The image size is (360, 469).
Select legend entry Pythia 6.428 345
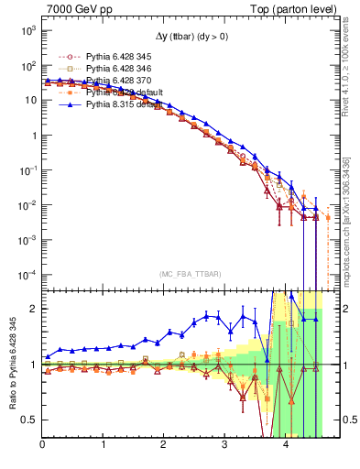point(105,58)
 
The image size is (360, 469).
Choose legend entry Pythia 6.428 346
point(105,70)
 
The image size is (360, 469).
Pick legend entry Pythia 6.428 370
point(105,82)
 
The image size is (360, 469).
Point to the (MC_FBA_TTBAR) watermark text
point(181,275)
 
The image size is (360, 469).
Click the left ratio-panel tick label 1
point(33,365)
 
